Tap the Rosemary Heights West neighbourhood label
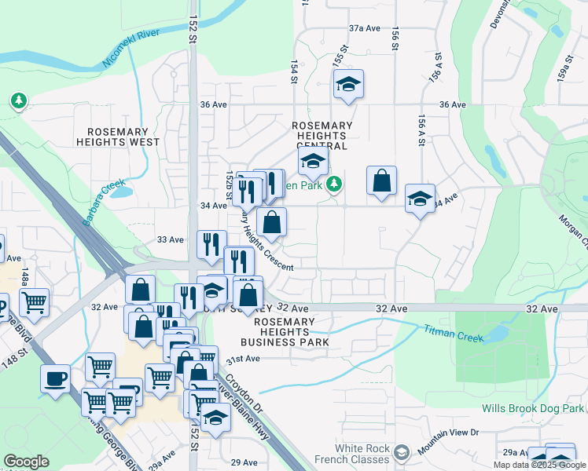pyautogui.click(x=117, y=137)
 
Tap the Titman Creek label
pyautogui.click(x=453, y=331)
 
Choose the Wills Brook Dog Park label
pyautogui.click(x=533, y=409)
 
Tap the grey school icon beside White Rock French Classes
pyautogui.click(x=402, y=453)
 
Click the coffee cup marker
pyautogui.click(x=54, y=378)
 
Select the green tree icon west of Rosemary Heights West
pyautogui.click(x=18, y=100)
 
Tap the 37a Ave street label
pyautogui.click(x=365, y=28)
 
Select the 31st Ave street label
pyautogui.click(x=243, y=359)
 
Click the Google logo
pyautogui.click(x=27, y=462)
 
